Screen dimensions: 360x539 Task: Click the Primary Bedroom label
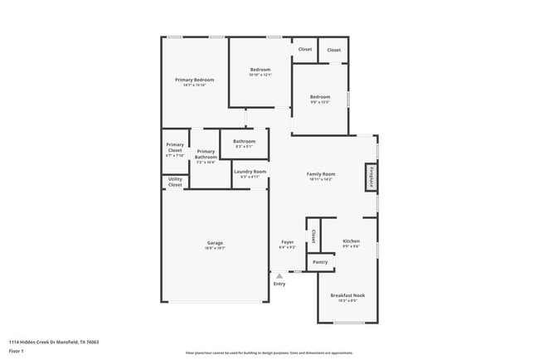pyautogui.click(x=195, y=80)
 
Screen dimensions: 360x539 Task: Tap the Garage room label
pyautogui.click(x=215, y=242)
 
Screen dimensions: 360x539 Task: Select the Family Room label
pyautogui.click(x=321, y=173)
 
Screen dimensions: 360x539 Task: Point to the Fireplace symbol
pyautogui.click(x=371, y=176)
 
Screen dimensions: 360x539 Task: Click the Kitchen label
pyautogui.click(x=352, y=241)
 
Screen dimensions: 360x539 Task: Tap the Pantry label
pyautogui.click(x=320, y=262)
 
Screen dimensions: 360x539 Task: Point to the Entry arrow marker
pyautogui.click(x=279, y=276)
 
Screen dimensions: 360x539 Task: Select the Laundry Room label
pyautogui.click(x=250, y=172)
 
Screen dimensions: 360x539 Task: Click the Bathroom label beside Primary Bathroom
pyautogui.click(x=244, y=141)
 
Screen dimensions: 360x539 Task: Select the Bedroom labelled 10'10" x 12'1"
pyautogui.click(x=260, y=69)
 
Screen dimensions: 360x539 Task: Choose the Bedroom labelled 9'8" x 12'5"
pyautogui.click(x=320, y=97)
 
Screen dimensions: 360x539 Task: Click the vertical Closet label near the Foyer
pyautogui.click(x=313, y=236)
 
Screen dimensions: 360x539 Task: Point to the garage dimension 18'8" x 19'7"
pyautogui.click(x=215, y=248)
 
